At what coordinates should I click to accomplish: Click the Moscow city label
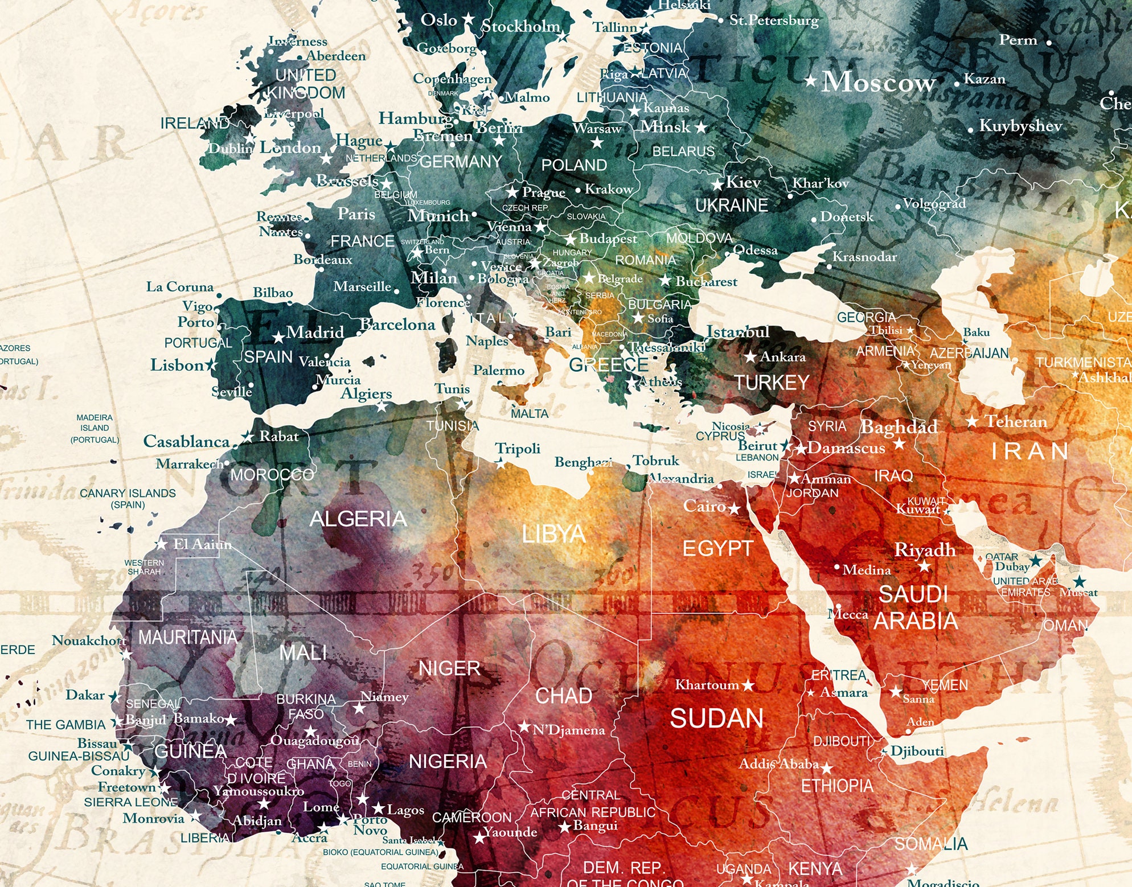878,83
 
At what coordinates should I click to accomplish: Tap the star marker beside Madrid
278,338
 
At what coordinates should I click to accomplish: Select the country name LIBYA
553,534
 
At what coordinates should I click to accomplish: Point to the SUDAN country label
716,718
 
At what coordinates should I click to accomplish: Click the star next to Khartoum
748,685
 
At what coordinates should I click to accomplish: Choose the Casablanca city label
186,441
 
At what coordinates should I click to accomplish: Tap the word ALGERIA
358,519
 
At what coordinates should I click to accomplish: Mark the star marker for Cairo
735,508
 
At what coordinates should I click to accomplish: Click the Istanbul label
737,331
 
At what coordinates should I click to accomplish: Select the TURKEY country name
772,383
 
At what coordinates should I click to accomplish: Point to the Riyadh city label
925,549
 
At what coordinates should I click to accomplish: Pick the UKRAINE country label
732,205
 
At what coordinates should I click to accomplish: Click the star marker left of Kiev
718,184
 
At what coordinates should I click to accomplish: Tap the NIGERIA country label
448,761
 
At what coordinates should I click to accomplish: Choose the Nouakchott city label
89,640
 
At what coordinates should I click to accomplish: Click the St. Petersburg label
774,20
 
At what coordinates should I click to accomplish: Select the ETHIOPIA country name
837,786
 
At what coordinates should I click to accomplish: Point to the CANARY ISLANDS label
128,494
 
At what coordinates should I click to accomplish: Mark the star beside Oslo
468,19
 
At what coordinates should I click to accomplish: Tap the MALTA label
530,414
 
